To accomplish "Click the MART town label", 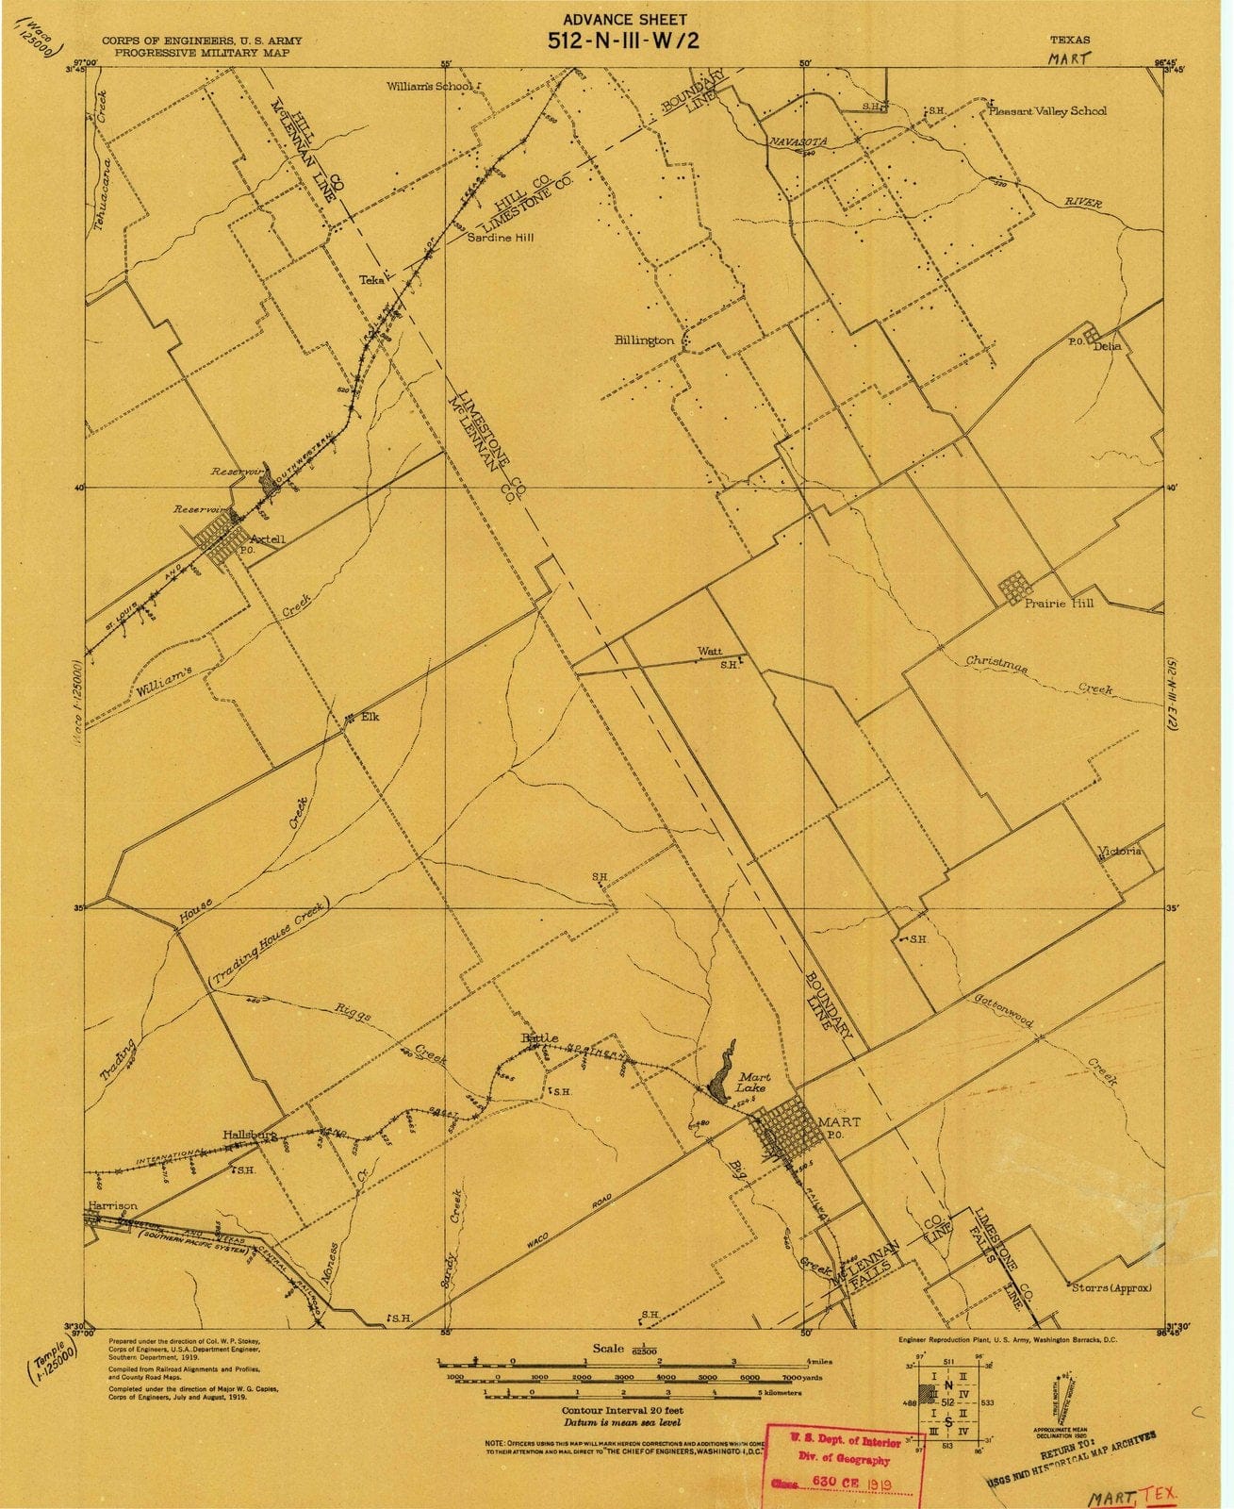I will (839, 1121).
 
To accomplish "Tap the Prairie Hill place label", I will (1059, 603).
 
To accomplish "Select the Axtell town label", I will (267, 539).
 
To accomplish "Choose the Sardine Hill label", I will (501, 238).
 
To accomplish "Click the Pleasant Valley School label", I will (1047, 111).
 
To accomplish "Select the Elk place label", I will (370, 717).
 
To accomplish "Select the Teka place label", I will (371, 279).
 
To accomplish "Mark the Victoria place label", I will (1119, 851).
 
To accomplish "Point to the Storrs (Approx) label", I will (1112, 1286).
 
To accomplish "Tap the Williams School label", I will (429, 87).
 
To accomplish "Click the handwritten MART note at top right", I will (1069, 58).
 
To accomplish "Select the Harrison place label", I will (112, 1205).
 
